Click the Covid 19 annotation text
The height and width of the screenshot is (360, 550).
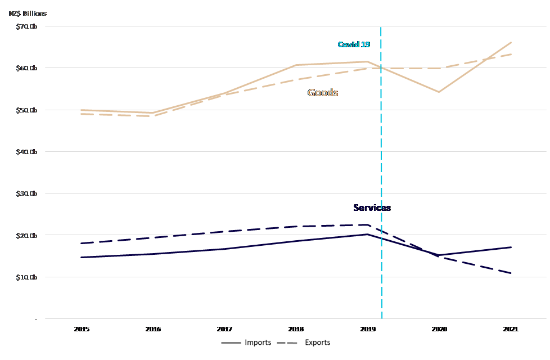coord(354,44)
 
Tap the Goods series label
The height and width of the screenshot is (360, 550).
coord(323,93)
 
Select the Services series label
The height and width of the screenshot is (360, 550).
coord(372,208)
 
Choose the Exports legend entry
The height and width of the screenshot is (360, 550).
coord(317,342)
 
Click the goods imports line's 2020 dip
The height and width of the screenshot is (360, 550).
coord(439,92)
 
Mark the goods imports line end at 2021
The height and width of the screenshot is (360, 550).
coord(511,42)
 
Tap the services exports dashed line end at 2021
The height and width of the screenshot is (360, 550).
coord(511,273)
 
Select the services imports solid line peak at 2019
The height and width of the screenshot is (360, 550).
coord(367,234)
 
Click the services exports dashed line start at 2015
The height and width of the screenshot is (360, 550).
coord(82,244)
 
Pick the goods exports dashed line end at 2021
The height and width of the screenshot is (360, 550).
coord(511,54)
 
